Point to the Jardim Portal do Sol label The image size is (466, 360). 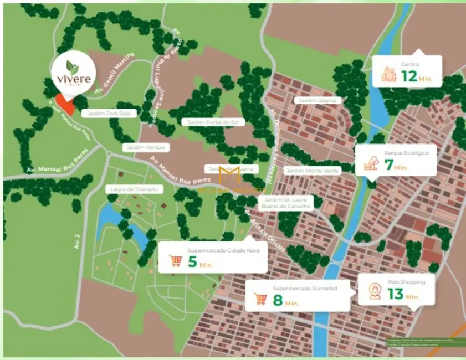[x=204, y=122]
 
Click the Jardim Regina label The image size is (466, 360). [x=318, y=100]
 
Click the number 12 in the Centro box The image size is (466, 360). [x=408, y=76]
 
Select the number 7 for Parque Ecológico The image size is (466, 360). [x=388, y=164]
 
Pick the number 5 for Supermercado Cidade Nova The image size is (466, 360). [x=192, y=261]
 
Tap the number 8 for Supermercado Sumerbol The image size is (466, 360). [x=278, y=300]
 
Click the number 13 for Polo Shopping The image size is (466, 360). [x=395, y=294]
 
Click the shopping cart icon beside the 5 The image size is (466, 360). [x=175, y=260]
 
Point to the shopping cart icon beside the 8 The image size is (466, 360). [x=260, y=300]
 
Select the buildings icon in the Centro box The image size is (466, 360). [x=389, y=74]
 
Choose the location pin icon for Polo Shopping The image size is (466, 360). [x=374, y=291]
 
